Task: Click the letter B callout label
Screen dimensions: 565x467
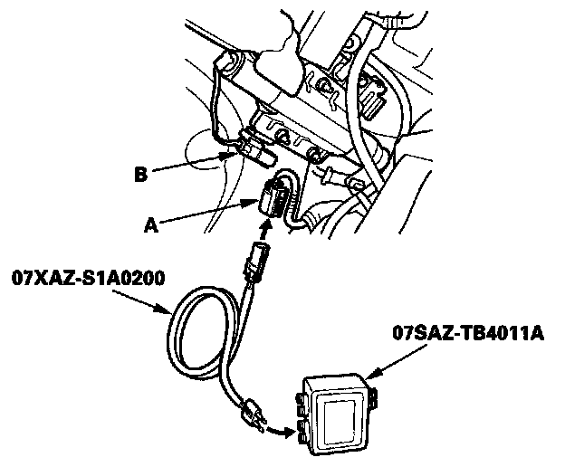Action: coord(141,172)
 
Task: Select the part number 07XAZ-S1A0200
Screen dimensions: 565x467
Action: coord(87,278)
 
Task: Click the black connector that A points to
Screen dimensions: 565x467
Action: coord(273,196)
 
